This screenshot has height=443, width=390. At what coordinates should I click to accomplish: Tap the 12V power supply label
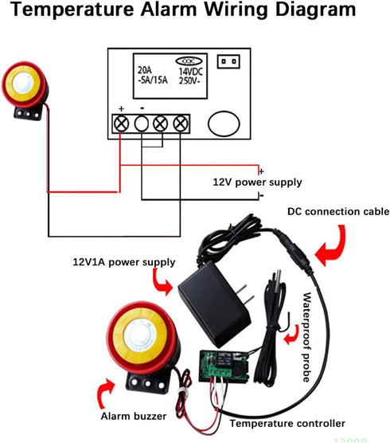tap(257, 182)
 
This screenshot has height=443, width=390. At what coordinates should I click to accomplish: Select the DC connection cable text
tap(337, 211)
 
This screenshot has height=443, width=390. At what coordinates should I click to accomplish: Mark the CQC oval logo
tap(187, 60)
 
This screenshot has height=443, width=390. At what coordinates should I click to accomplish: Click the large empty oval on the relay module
tap(222, 124)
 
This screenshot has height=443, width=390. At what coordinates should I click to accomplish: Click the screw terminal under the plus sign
tap(122, 123)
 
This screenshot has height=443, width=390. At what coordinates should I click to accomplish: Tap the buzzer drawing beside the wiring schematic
tap(23, 96)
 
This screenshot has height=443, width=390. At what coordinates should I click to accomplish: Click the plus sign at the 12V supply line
tap(262, 170)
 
